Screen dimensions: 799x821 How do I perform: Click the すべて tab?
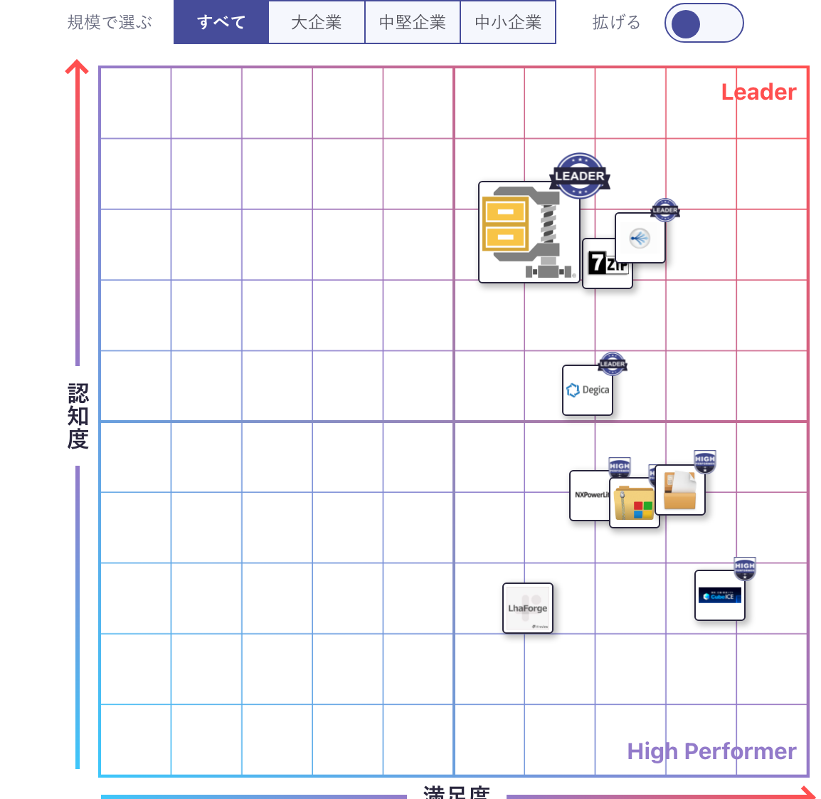coord(221,22)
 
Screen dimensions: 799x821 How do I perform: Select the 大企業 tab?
coord(317,22)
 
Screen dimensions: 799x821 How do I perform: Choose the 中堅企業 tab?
coord(413,22)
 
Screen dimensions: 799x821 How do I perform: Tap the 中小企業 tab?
coord(508,22)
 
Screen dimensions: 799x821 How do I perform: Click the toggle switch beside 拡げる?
coord(704,23)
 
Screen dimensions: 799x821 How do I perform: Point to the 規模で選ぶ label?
coord(110,23)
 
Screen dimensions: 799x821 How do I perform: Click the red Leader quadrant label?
coord(758,92)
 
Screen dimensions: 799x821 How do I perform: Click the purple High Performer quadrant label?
coord(711,751)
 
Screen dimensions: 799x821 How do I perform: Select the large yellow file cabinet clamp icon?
coord(528,232)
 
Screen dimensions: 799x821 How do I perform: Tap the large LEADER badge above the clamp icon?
coord(580,175)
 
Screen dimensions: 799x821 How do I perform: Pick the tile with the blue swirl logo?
coord(640,238)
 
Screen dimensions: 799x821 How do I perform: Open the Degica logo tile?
coord(587,390)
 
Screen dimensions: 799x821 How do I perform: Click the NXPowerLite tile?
coord(589,496)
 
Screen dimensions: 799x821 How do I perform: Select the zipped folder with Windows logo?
coord(634,503)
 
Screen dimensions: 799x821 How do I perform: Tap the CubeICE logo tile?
coord(719,596)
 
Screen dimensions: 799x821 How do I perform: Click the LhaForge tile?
coord(527,608)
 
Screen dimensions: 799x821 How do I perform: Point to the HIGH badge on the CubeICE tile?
coord(745,568)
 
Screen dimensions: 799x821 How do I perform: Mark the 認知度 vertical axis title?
coord(78,416)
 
